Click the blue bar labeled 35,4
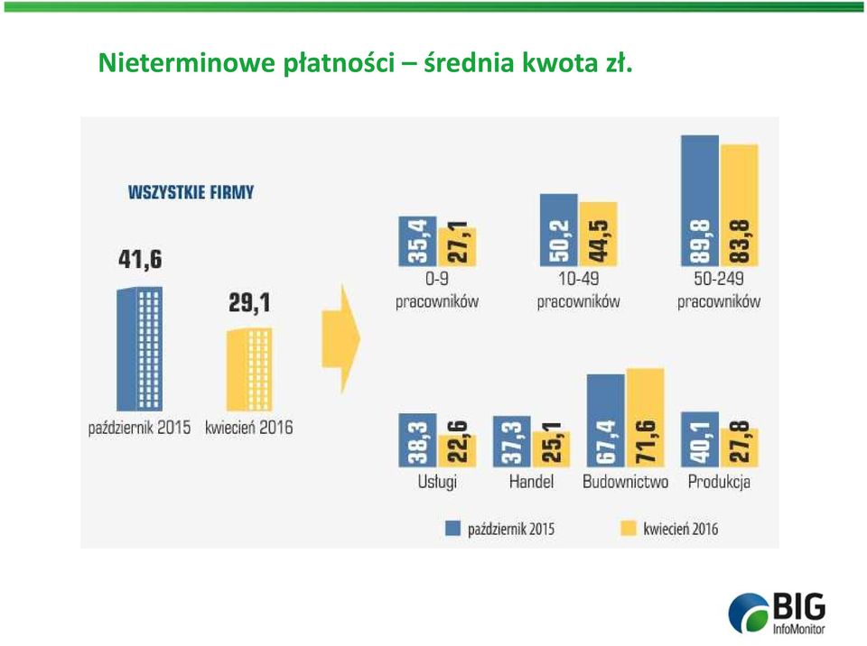[417, 241]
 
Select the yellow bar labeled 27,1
[457, 246]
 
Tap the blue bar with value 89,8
[700, 200]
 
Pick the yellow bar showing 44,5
[598, 234]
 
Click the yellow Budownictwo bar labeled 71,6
[645, 417]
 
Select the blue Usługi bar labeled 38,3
[417, 440]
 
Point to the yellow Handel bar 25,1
[551, 448]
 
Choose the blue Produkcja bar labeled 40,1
[700, 439]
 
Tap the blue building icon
[139, 348]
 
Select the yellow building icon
[249, 369]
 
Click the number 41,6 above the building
[141, 259]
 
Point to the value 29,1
[249, 302]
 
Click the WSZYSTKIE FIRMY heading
[191, 192]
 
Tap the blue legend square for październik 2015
[452, 529]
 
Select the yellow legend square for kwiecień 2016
[629, 529]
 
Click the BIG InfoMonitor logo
[777, 613]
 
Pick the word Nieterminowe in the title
[186, 62]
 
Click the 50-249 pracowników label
[719, 290]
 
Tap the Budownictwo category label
[625, 482]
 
